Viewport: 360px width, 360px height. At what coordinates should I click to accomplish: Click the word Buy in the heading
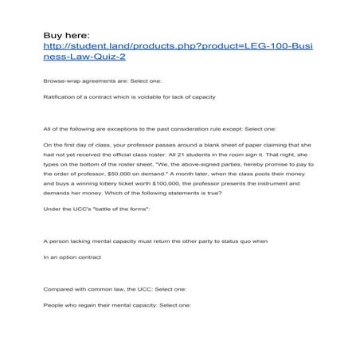click(53, 35)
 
